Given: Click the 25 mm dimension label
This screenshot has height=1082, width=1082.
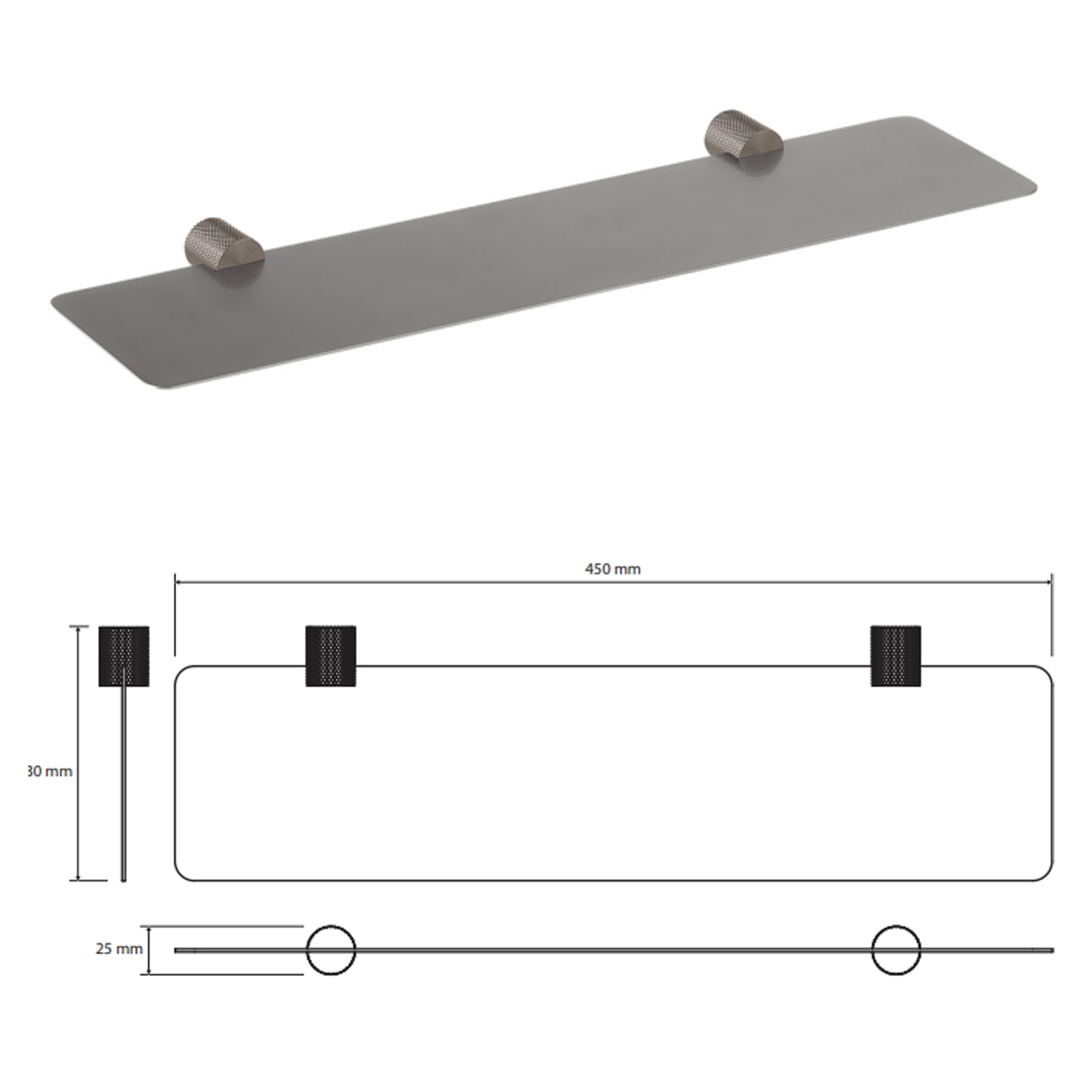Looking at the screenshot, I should tap(118, 949).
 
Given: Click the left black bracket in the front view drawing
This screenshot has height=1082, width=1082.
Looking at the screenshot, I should tap(331, 656).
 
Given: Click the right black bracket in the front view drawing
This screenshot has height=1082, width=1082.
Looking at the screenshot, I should tap(895, 656).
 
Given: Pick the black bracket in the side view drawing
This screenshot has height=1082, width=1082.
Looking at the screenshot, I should tap(124, 656).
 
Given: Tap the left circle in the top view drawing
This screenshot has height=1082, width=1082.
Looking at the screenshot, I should tap(331, 950).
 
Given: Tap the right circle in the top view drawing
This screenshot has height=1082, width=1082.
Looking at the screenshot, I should tap(895, 950).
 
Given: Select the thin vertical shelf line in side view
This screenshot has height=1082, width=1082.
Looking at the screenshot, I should tap(123, 784).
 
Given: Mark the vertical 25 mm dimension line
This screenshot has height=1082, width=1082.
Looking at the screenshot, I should tap(149, 950).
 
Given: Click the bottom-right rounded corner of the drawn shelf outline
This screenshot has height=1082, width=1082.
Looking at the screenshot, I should tap(1046, 874).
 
